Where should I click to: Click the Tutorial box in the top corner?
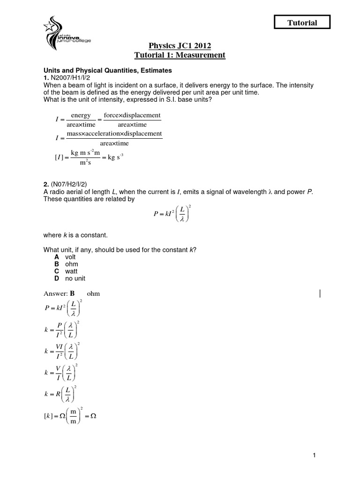302,22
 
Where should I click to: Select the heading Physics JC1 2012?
180,45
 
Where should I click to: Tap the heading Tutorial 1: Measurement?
180,55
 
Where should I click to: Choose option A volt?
65,257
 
